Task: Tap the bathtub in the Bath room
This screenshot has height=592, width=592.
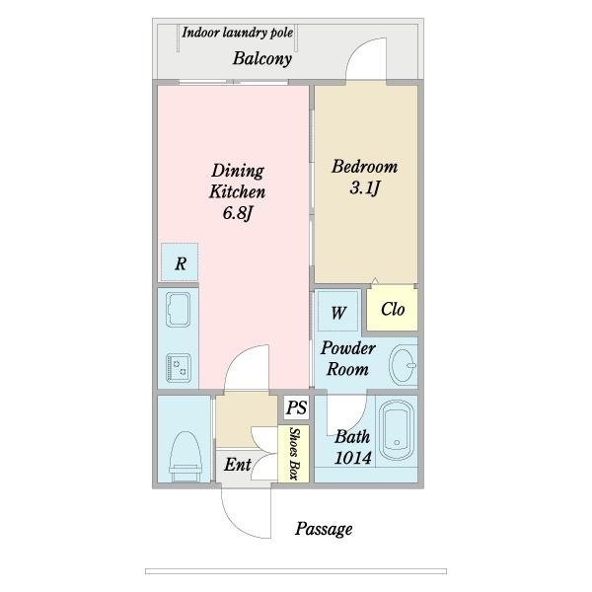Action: click(397, 430)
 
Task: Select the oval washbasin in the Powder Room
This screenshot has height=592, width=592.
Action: click(403, 364)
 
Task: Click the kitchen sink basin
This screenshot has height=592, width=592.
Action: click(178, 310)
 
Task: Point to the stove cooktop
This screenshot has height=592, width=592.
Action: click(179, 368)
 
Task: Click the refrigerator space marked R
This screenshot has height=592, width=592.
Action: click(180, 262)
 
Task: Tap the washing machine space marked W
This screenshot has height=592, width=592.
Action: click(337, 312)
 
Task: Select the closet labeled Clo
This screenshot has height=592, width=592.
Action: click(393, 309)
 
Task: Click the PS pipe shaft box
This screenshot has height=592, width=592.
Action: click(296, 407)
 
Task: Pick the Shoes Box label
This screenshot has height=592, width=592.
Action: click(294, 454)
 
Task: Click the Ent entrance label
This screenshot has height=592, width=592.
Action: click(237, 465)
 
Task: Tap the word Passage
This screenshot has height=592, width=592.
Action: click(324, 529)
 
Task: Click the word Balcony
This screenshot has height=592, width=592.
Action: click(262, 58)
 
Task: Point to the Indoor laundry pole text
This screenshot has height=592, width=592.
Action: click(237, 33)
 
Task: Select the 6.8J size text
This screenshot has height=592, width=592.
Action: click(237, 213)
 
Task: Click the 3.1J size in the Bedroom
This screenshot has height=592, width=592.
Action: click(364, 187)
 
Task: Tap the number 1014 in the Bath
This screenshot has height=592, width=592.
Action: click(352, 459)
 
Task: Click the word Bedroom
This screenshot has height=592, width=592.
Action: click(364, 167)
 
